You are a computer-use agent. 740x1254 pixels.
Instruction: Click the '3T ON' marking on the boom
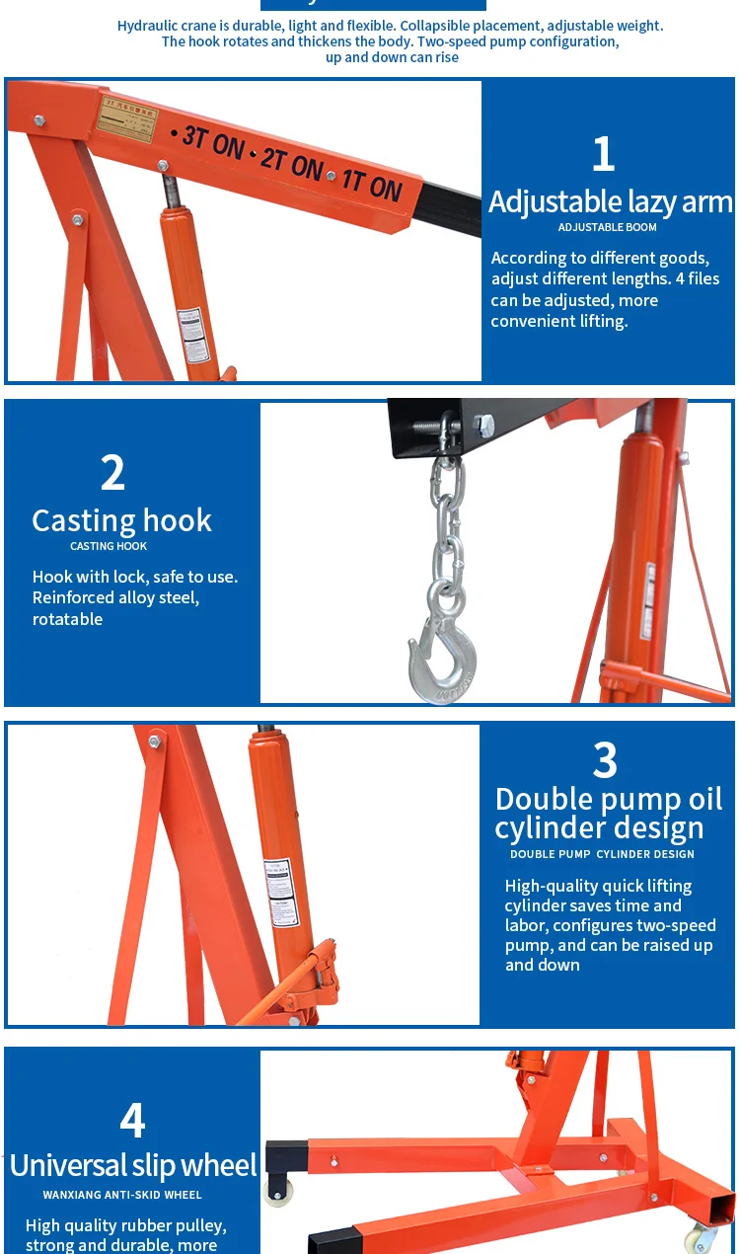212,142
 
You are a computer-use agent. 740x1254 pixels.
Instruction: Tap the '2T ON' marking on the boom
292,165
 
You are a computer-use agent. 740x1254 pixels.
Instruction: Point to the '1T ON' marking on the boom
372,185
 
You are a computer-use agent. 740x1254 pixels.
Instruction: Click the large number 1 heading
603,154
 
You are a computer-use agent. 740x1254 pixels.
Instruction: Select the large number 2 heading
113,473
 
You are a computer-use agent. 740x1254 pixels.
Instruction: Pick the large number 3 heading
605,760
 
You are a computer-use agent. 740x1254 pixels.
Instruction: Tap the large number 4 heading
132,1121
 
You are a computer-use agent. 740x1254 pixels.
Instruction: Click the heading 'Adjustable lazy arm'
611,201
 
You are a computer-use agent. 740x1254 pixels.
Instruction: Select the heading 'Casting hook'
121,520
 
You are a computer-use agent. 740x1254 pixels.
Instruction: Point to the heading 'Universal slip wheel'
133,1165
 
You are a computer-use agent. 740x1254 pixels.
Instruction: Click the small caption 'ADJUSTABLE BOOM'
607,227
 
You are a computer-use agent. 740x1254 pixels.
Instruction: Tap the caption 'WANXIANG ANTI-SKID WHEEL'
122,1195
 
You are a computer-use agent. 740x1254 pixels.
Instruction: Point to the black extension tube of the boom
452,208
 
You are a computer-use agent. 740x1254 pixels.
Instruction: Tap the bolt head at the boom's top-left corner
39,120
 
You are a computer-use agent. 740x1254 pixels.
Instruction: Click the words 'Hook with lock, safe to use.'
135,577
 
